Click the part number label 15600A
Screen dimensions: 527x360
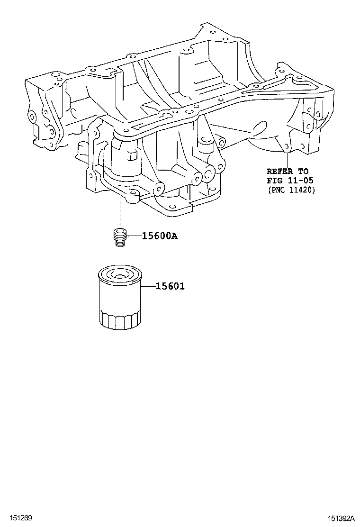click(159, 236)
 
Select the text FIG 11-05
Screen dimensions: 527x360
click(290, 181)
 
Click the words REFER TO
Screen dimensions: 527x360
click(288, 172)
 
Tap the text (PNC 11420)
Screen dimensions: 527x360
click(291, 190)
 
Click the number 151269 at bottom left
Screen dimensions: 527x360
click(16, 518)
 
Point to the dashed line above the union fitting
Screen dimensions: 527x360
click(120, 213)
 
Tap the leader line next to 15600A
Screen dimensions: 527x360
click(134, 236)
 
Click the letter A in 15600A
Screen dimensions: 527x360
click(174, 236)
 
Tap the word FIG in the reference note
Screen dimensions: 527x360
click(274, 181)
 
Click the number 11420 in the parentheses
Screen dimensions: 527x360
click(301, 190)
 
